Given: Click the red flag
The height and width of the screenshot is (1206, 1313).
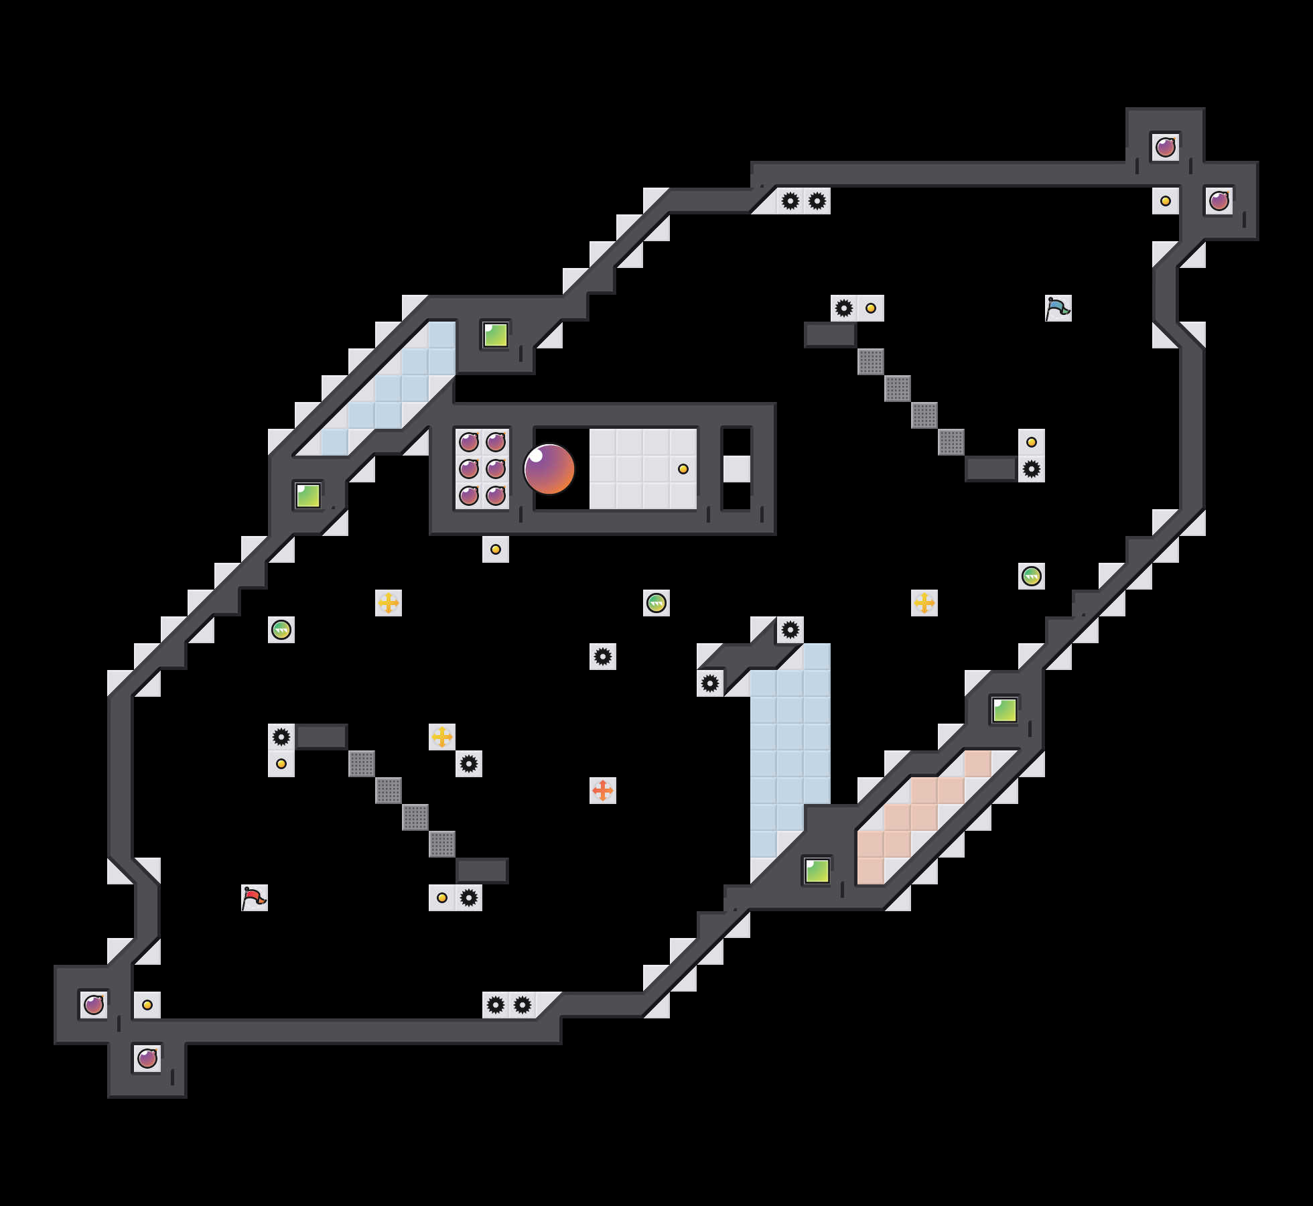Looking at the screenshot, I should (x=254, y=897).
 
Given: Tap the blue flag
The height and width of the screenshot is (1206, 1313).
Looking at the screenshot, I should (x=1058, y=308).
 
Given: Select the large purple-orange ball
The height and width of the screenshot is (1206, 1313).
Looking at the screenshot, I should (x=549, y=469).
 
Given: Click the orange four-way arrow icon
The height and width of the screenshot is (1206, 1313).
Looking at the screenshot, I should (x=603, y=791).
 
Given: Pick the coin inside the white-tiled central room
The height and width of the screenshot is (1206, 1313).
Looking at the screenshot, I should (x=683, y=469).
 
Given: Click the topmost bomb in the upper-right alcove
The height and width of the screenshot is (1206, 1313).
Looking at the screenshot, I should (x=1166, y=147).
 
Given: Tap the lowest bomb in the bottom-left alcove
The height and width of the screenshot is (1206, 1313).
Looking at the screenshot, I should (x=147, y=1059).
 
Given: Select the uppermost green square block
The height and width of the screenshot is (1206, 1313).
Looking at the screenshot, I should (x=496, y=335).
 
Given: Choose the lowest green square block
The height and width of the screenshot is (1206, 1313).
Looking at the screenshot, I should (x=817, y=871).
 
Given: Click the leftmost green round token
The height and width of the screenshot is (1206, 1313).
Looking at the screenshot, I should (x=281, y=630).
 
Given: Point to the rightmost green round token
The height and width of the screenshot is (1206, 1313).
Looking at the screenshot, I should (x=1032, y=576).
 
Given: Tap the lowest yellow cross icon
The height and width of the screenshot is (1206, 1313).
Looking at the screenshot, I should (x=442, y=737).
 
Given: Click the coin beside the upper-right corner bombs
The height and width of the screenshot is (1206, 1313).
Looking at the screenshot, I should (x=1166, y=201).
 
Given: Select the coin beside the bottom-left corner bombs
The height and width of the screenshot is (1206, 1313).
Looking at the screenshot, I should (x=147, y=1005).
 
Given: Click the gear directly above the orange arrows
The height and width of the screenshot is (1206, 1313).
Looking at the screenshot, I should (x=603, y=657).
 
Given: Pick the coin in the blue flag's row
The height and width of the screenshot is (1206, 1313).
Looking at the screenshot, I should (x=871, y=308).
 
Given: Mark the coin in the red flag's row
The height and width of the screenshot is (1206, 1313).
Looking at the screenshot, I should (x=442, y=898).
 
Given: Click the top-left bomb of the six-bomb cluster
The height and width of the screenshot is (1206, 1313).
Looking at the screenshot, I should (x=469, y=442).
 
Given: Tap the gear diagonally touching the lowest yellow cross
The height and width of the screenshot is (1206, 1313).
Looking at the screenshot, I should (x=469, y=764).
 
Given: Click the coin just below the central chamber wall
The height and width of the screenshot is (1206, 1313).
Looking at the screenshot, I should (x=496, y=549).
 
